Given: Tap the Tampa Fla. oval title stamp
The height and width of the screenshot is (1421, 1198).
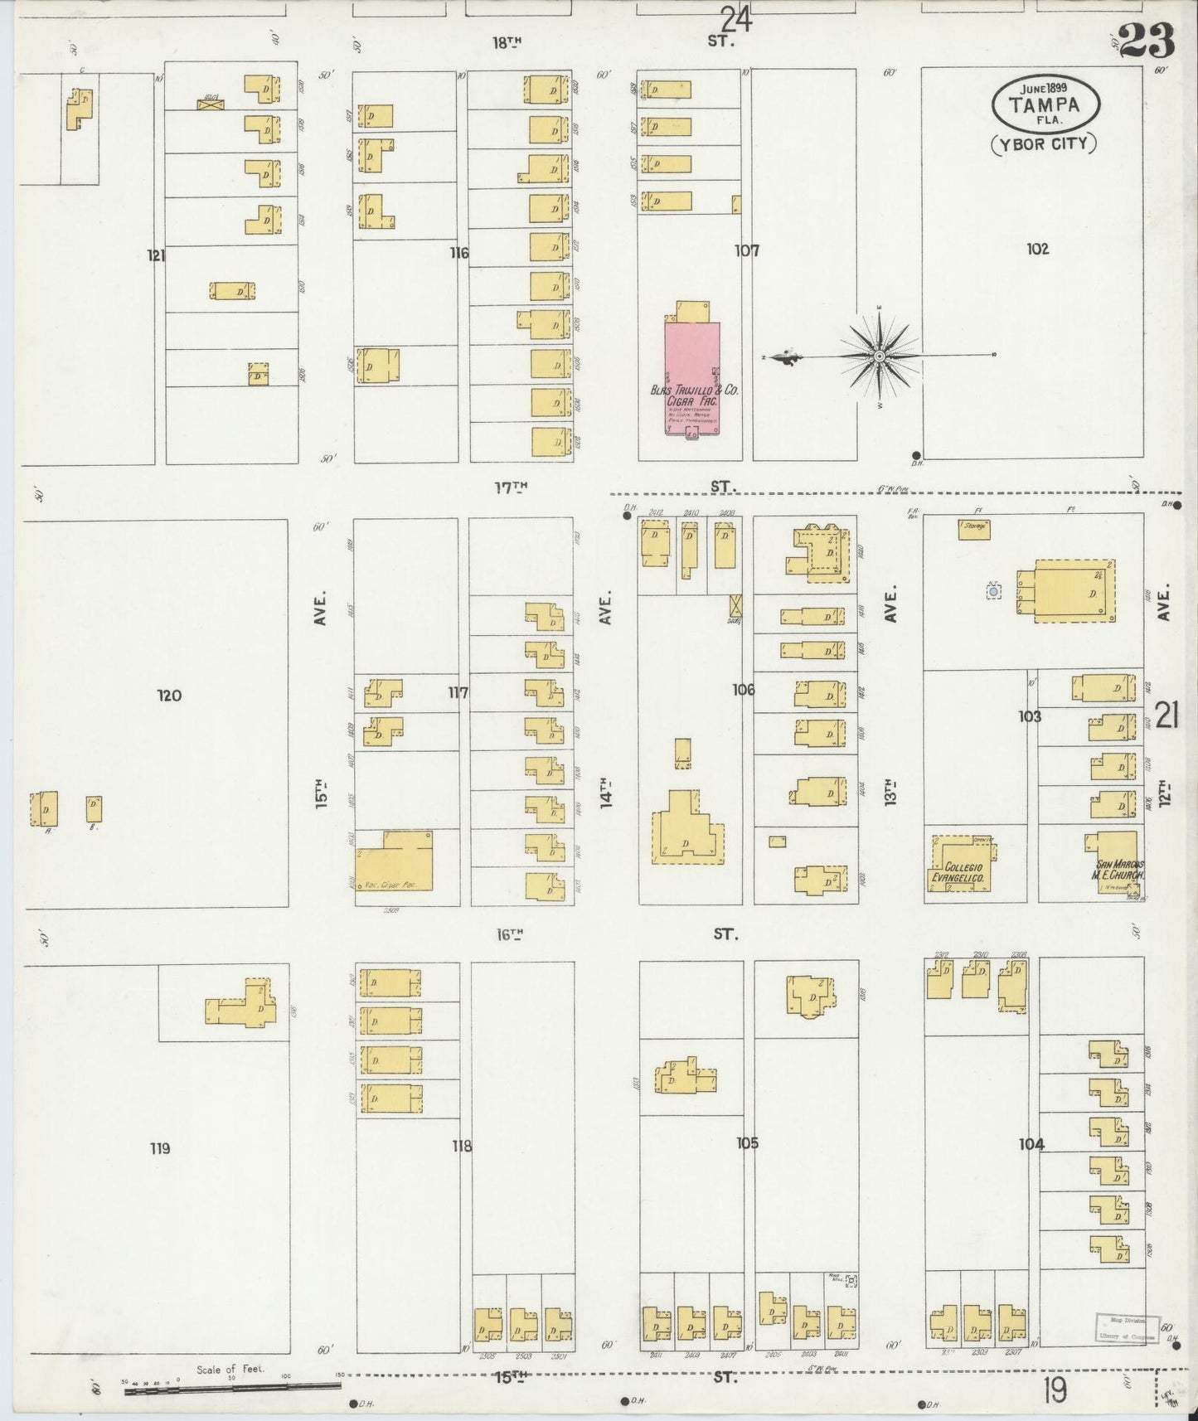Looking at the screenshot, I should coord(1046,104).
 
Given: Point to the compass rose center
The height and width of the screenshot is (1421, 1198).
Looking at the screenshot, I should coord(879,356).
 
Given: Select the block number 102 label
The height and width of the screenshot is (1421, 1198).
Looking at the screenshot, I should coord(1037,249).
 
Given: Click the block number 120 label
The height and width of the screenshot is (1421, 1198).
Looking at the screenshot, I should coord(169,696).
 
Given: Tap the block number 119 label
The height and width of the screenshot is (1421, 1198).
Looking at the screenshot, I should coord(160,1148).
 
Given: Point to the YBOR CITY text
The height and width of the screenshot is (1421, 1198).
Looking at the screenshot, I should coord(1044,143).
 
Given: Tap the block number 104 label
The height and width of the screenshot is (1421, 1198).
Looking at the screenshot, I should coord(1031,1145).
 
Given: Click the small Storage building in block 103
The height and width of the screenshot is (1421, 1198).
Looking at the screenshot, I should coord(974,529).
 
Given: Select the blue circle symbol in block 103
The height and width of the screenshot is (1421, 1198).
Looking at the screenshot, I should coord(992,591).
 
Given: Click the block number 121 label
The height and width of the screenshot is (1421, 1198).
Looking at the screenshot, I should coord(156,255).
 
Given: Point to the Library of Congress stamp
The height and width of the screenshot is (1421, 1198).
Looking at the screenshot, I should coord(1126,1326).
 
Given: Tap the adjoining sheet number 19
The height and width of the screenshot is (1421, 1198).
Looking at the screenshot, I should coord(1055,1390).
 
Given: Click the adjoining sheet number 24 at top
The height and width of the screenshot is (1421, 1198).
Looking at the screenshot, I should coord(735,18).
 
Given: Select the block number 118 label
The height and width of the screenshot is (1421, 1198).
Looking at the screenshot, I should coord(462,1147).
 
